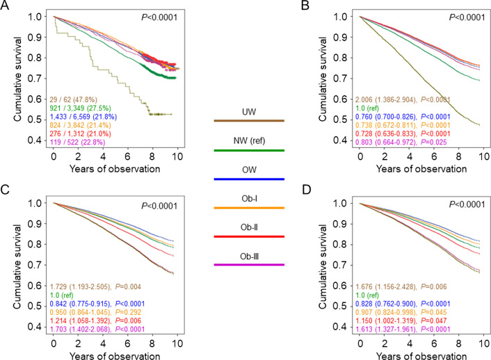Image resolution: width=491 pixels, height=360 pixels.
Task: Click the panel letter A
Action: pyautogui.click(x=6, y=6)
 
